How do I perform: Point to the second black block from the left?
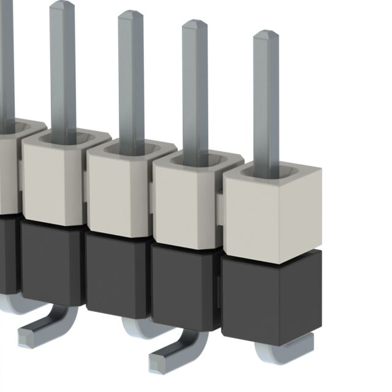pos(51,257)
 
